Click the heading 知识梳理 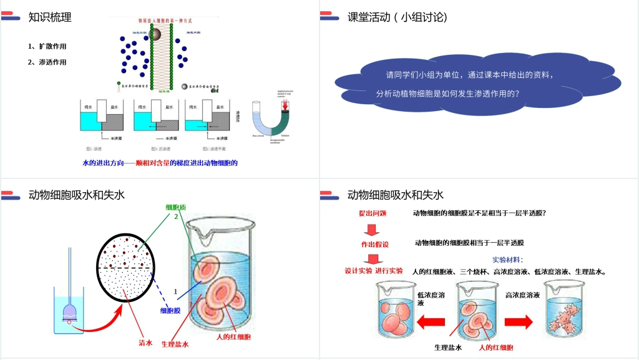point(50,17)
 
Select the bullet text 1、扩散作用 point(47,46)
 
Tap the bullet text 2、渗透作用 point(47,62)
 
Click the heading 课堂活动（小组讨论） point(398,17)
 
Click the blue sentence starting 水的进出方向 point(160,163)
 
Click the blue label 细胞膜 point(170,310)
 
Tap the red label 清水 point(145,342)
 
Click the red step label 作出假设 point(374,244)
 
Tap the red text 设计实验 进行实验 point(374,271)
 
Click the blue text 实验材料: point(507,260)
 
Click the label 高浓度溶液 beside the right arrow point(522,294)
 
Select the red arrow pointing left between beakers point(431,322)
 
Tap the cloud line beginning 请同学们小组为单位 point(469,75)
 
